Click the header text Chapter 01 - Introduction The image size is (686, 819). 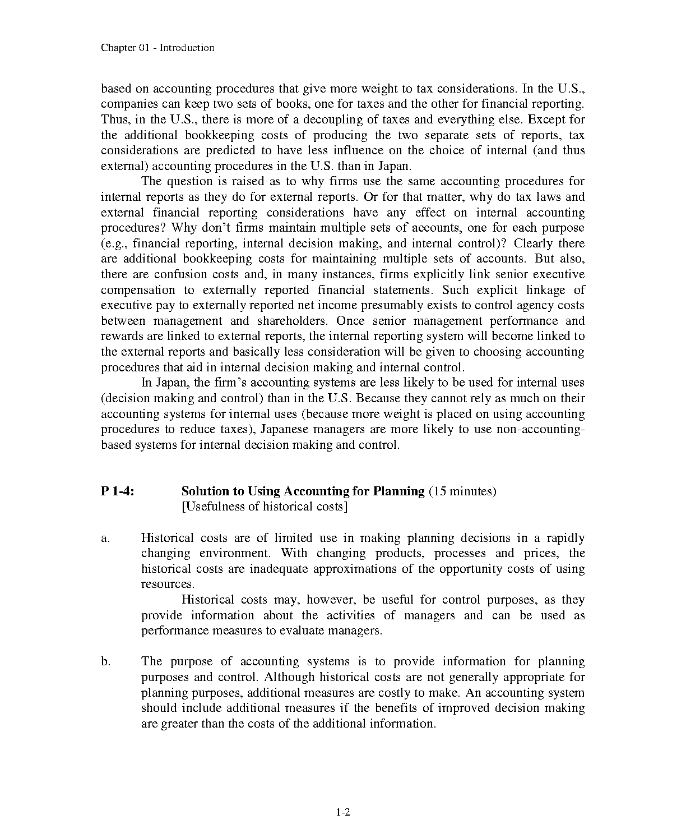pos(157,48)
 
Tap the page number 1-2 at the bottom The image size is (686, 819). pos(343,812)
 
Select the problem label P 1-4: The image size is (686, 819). pos(117,491)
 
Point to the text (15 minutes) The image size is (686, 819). pos(462,491)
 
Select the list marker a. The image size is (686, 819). pos(105,539)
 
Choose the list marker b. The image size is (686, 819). pos(106,662)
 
